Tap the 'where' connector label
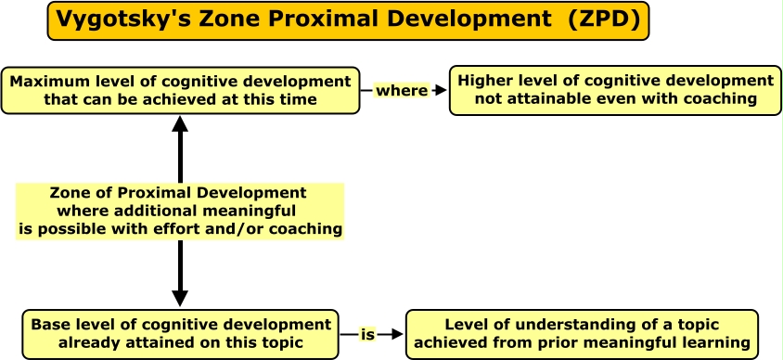402,91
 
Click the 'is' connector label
367,335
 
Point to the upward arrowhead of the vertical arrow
180,124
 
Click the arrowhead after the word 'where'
441,91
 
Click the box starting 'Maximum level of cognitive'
180,90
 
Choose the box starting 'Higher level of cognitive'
615,90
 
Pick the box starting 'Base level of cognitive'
180,334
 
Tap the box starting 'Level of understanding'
582,334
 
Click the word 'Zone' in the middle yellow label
71,193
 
